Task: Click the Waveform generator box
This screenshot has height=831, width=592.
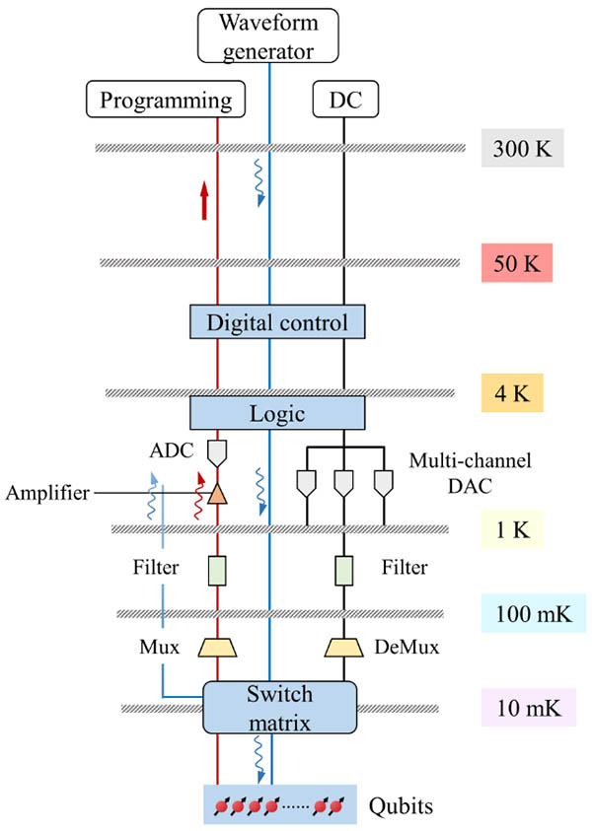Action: coord(269,35)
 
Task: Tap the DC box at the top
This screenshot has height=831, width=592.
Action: coord(345,100)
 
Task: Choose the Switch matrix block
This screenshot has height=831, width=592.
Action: coord(278,707)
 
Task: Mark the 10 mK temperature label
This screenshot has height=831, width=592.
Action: coord(528,708)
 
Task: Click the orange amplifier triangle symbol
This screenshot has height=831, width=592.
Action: coord(218,495)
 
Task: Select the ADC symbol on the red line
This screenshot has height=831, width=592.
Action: coord(218,451)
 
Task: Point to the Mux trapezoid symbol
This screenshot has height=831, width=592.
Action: coord(218,648)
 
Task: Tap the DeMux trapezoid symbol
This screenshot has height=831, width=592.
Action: coord(344,648)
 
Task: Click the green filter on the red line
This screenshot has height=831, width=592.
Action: coord(218,570)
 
